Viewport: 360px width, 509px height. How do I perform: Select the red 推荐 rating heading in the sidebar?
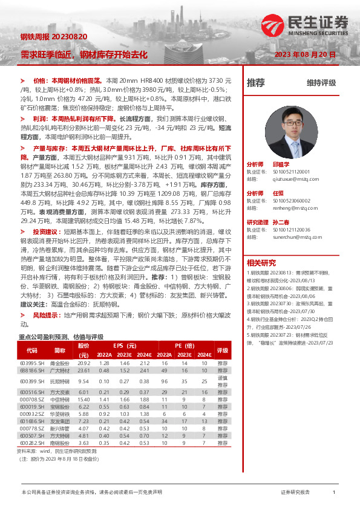click(256, 83)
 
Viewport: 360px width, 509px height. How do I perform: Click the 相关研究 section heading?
click(261, 262)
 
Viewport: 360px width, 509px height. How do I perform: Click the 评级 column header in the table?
click(223, 350)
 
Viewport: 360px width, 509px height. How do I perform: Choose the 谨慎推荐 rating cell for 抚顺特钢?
click(223, 381)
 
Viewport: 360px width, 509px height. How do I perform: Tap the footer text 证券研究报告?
click(295, 493)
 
